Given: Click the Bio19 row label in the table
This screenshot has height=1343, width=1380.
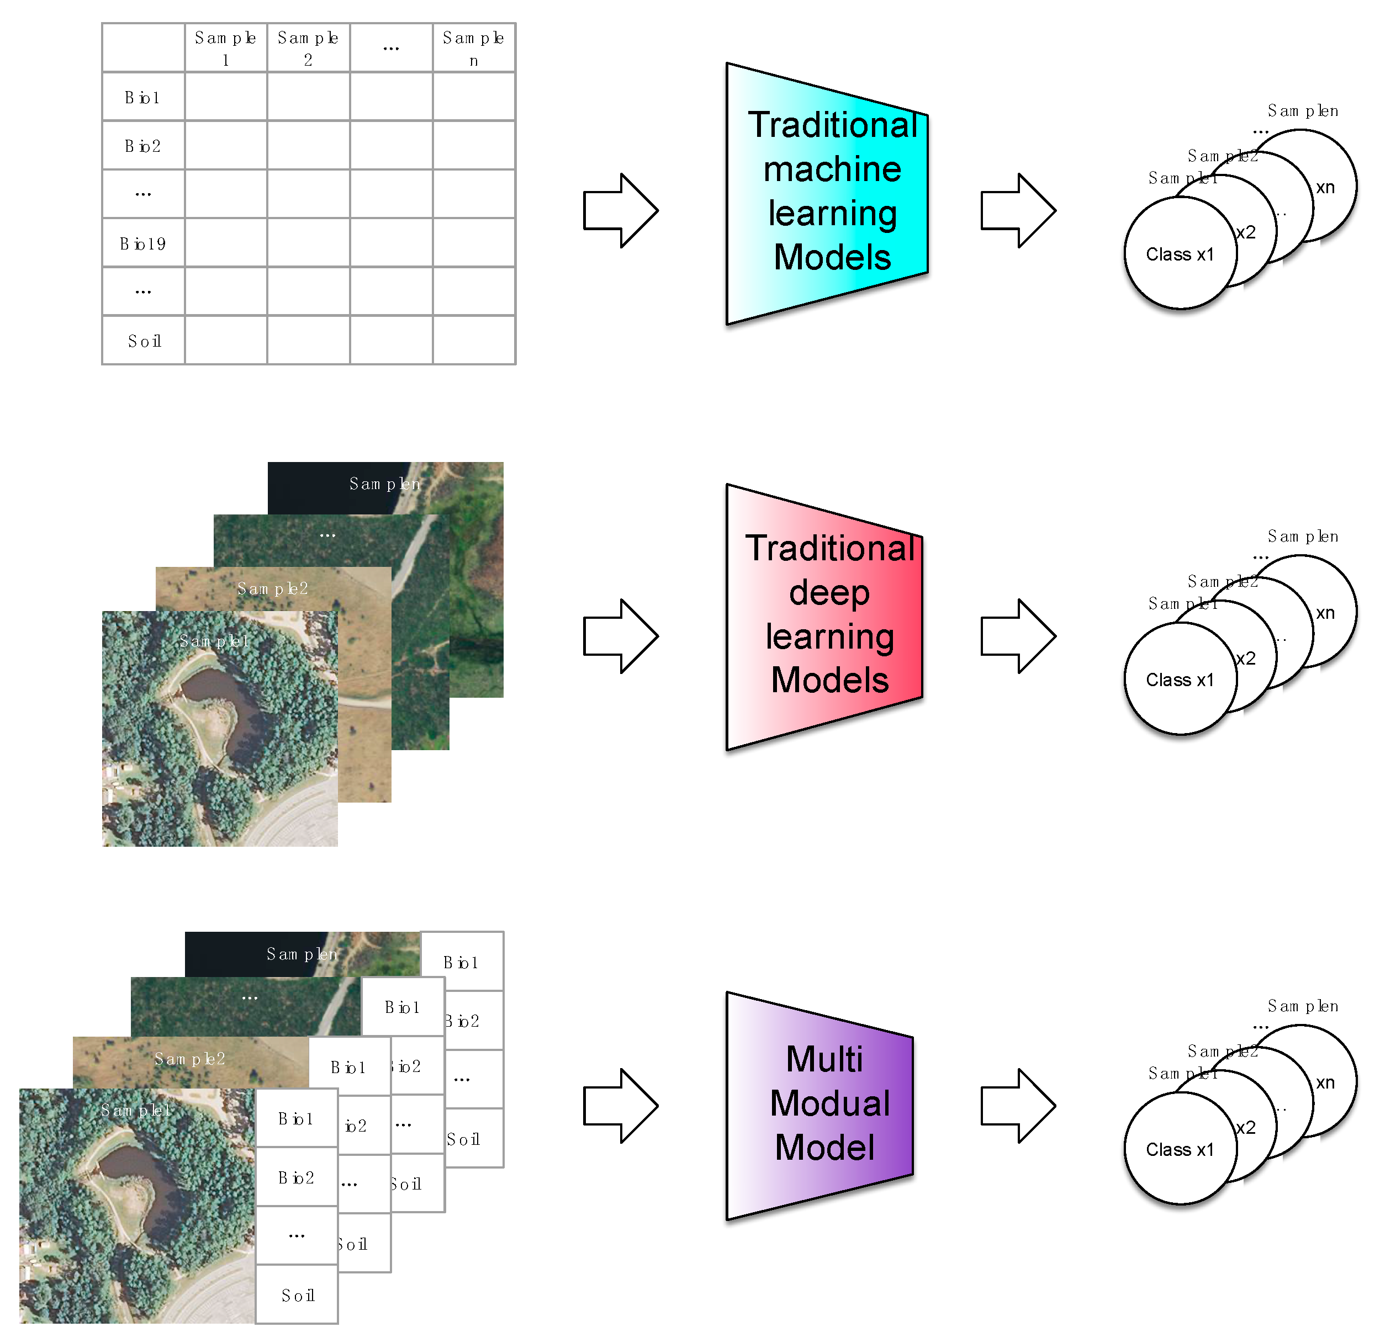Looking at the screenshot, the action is pyautogui.click(x=142, y=243).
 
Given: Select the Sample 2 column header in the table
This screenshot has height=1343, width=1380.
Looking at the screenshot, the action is pyautogui.click(x=308, y=47).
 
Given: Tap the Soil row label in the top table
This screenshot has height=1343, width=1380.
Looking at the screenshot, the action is pyautogui.click(x=144, y=341).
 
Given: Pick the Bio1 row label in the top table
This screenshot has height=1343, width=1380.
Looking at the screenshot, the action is pyautogui.click(x=142, y=97).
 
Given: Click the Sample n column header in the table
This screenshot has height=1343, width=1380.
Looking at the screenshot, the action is pyautogui.click(x=473, y=47).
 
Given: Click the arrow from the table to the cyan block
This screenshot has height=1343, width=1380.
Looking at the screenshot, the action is pyautogui.click(x=620, y=210).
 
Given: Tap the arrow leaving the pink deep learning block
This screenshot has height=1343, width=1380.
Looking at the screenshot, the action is pyautogui.click(x=1017, y=635).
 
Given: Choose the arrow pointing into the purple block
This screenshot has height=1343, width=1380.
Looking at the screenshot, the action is pyautogui.click(x=620, y=1105).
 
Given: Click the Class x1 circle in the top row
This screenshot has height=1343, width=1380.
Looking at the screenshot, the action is pyautogui.click(x=1180, y=254).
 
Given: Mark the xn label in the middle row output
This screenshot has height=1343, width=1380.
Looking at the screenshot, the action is pyautogui.click(x=1325, y=613).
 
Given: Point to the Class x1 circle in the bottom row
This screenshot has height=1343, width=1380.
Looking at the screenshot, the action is pyautogui.click(x=1180, y=1150).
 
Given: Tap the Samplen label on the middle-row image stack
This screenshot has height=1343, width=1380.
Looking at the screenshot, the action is pyautogui.click(x=384, y=484).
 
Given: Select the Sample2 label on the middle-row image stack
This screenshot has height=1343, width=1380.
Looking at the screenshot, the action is pyautogui.click(x=272, y=588).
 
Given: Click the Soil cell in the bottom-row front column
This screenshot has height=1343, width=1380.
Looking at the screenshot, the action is pyautogui.click(x=297, y=1295).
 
